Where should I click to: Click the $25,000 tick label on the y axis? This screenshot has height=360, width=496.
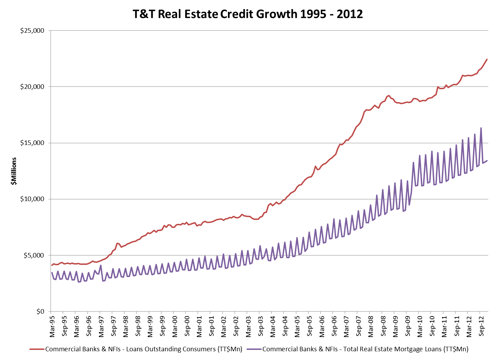click(32, 31)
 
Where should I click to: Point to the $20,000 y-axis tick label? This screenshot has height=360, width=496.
click(32, 87)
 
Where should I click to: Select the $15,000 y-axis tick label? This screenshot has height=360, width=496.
click(32, 143)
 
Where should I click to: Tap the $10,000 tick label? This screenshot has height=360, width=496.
click(32, 199)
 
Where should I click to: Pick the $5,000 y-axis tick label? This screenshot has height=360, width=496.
click(34, 255)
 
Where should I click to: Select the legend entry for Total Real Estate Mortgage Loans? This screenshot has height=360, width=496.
click(365, 349)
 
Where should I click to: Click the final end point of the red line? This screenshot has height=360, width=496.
click(487, 59)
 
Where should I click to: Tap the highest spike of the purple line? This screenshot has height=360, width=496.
click(481, 128)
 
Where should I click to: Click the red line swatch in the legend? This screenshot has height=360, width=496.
click(37, 349)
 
